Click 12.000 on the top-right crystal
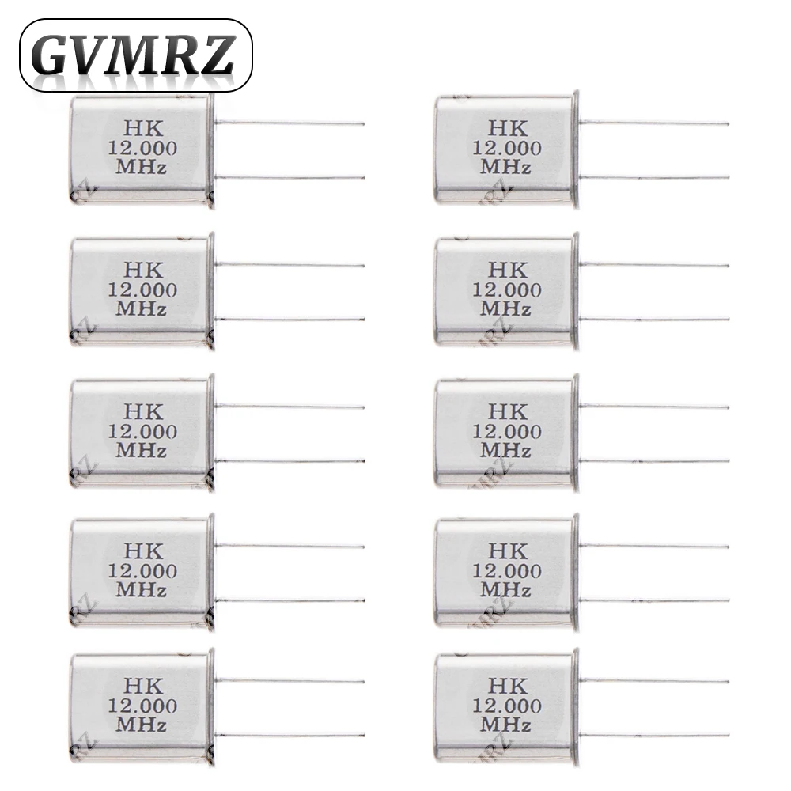pos(507,148)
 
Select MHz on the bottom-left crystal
pos(142,724)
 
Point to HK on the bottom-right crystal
pos(507,686)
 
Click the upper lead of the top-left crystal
pos(290,123)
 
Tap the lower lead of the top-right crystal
pos(654,177)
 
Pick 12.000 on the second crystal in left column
pos(142,290)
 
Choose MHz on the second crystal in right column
pos(507,308)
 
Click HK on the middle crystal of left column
pos(142,412)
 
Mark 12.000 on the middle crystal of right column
pos(507,432)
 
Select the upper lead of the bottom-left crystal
pos(290,680)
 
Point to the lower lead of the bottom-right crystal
pos(654,735)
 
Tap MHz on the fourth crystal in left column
pos(142,589)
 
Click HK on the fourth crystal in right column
pos(507,551)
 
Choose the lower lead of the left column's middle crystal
pos(290,460)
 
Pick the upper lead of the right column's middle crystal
pos(654,407)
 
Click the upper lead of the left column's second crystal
pos(290,265)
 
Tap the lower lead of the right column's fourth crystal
pos(654,600)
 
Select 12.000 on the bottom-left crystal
pos(142,705)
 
